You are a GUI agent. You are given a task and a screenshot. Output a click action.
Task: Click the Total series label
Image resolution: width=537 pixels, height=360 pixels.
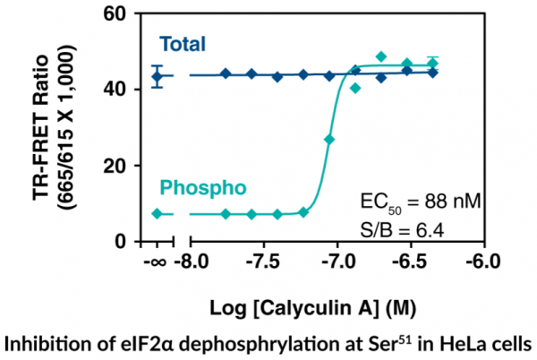point(183,43)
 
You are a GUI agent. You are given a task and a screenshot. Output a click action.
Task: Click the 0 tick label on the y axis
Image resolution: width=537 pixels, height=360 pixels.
point(129,241)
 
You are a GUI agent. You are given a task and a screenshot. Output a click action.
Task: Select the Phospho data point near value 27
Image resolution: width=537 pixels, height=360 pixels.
point(330,140)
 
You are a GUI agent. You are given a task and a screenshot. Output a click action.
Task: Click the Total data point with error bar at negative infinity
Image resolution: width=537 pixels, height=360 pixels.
point(158,76)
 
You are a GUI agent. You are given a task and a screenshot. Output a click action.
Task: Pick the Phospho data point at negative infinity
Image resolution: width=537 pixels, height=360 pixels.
point(158,214)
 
